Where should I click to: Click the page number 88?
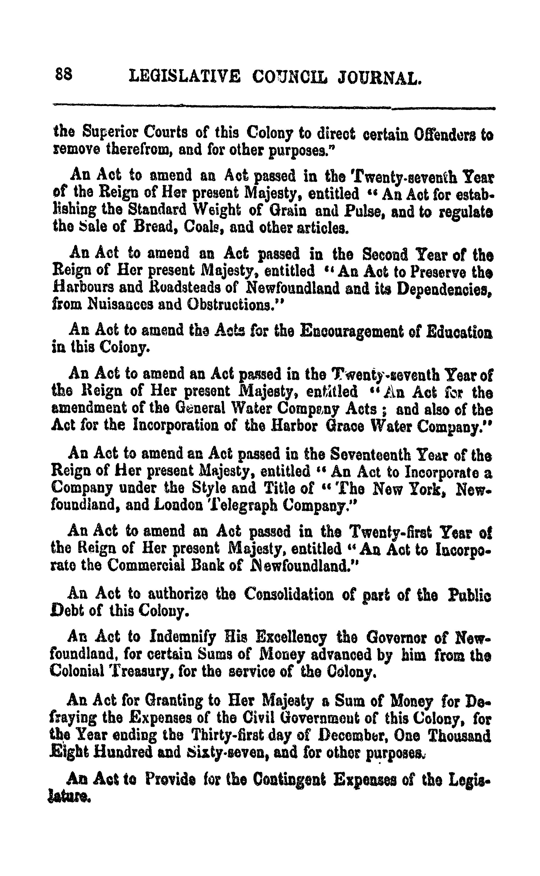64,75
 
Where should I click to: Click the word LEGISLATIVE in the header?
184,76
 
